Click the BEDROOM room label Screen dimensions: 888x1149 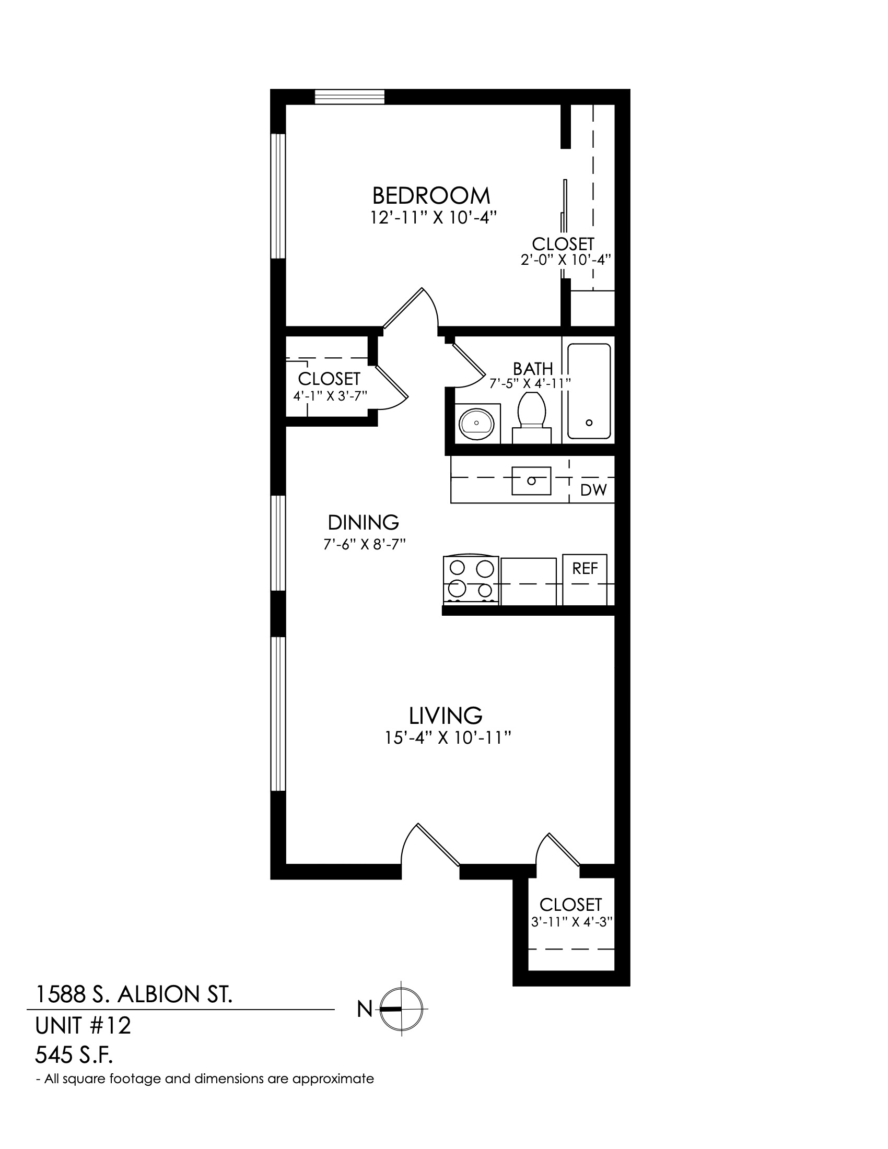tap(431, 196)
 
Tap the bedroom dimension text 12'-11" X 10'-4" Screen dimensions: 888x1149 tap(434, 218)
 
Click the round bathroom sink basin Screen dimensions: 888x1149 tap(476, 423)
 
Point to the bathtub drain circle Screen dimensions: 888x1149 tap(589, 422)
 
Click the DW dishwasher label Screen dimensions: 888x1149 tap(593, 490)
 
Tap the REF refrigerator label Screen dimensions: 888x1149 tap(585, 568)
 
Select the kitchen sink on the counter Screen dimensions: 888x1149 tap(531, 480)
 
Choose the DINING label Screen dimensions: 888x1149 tap(364, 522)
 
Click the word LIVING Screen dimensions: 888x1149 tap(446, 716)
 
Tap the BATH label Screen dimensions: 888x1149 tap(533, 369)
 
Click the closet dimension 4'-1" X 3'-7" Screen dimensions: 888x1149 tap(329, 396)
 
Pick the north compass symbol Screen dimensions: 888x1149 tap(401, 1009)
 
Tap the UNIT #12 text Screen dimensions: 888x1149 tap(83, 1025)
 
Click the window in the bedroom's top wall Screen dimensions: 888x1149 tap(350, 97)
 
